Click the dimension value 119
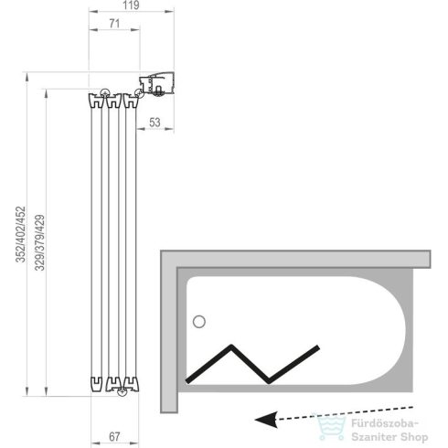(x=131, y=5)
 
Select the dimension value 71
(x=114, y=24)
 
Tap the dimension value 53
(x=155, y=123)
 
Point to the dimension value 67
(x=114, y=437)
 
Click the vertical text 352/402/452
(x=21, y=234)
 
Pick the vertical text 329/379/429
(x=39, y=242)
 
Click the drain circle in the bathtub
(x=199, y=322)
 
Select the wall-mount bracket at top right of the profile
(x=156, y=83)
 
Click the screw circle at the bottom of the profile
(x=123, y=392)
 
